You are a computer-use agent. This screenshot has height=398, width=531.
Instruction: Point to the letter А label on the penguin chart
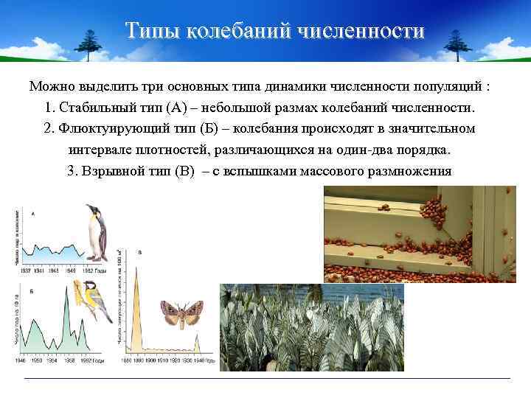[33, 214]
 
